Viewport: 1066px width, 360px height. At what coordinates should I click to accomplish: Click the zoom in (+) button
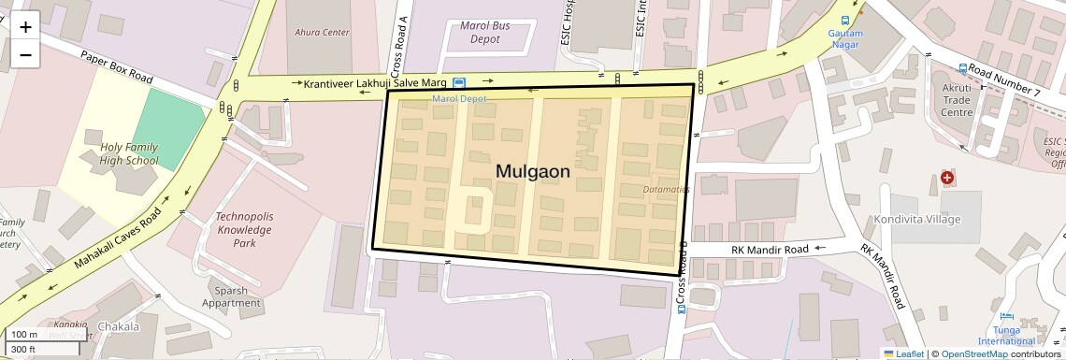tap(25, 27)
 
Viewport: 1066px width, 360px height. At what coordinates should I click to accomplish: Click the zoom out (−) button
tap(25, 55)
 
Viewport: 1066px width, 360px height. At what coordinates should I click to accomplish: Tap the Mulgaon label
tap(532, 172)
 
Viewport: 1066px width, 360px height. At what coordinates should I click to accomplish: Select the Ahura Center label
tap(322, 33)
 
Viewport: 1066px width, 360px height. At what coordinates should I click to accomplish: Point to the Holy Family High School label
tap(129, 153)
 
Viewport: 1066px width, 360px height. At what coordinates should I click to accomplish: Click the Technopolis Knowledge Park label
tap(244, 229)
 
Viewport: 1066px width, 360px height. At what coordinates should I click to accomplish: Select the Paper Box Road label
tap(116, 66)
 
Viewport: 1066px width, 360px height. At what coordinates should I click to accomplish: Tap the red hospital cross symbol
tap(947, 177)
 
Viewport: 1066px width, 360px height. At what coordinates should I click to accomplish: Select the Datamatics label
tap(667, 190)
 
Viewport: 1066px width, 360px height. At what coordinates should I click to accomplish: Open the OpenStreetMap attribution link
tap(974, 353)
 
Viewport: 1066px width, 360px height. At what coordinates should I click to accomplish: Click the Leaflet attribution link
tap(903, 353)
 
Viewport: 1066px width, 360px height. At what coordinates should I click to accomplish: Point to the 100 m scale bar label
tap(24, 335)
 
